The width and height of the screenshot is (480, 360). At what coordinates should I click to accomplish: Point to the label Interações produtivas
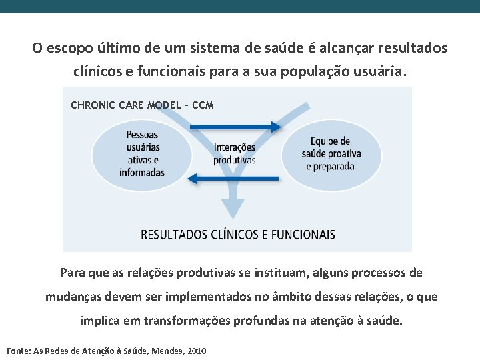click(x=234, y=153)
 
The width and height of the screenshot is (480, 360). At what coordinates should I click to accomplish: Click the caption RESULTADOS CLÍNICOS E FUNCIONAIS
click(x=238, y=235)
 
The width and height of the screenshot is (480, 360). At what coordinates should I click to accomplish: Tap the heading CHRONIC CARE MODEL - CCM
click(x=142, y=105)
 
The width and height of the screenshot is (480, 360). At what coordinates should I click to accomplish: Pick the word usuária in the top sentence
click(x=379, y=70)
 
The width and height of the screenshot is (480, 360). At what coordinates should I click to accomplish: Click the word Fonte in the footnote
click(x=18, y=351)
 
